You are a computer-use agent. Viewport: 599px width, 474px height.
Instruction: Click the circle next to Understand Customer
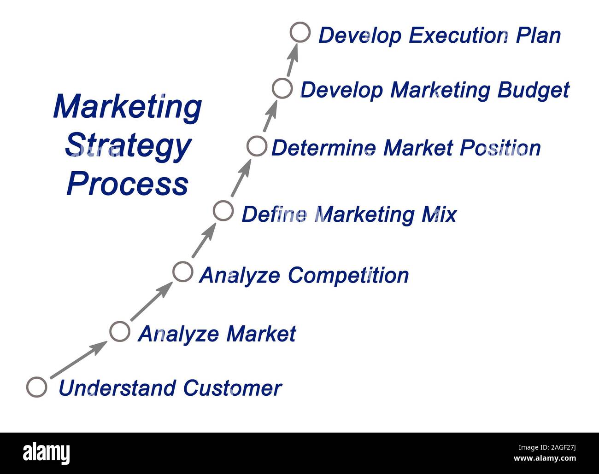point(36,387)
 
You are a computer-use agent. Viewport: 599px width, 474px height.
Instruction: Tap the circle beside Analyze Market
point(120,331)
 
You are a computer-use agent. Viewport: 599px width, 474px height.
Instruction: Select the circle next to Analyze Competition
point(182,272)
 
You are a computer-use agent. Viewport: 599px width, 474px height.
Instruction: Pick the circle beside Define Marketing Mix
point(223,211)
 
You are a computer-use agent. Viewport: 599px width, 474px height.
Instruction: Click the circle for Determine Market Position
point(257,146)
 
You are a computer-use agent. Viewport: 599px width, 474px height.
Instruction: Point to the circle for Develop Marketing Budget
point(282,88)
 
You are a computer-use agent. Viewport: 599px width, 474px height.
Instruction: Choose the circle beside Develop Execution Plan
point(300,33)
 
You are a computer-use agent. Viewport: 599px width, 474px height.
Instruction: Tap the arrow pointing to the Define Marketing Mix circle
point(203,241)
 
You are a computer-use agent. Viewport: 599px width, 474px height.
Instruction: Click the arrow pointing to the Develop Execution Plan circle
point(292,60)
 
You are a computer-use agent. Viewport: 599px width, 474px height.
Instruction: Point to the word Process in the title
point(128,184)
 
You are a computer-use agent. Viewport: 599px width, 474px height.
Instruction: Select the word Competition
point(348,275)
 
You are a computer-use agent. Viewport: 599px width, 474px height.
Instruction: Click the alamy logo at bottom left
point(46,453)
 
